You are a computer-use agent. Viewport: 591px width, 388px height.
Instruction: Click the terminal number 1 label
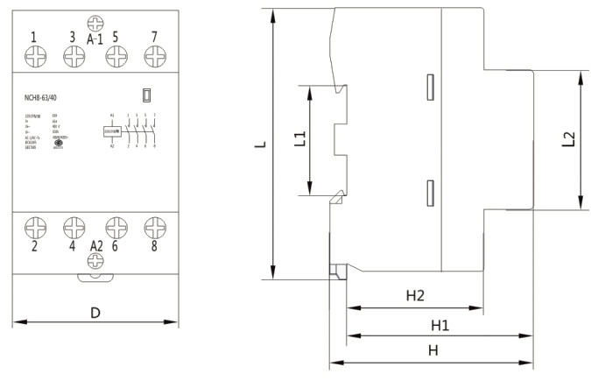click(x=33, y=37)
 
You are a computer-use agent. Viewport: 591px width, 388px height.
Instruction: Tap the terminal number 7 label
click(x=154, y=37)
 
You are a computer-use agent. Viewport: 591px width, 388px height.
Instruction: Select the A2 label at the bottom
click(x=95, y=247)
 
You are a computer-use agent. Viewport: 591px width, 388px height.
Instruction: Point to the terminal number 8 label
click(x=154, y=247)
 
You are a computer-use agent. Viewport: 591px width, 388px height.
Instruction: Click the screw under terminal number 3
click(x=74, y=57)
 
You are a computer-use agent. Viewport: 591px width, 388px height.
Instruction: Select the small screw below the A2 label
click(x=95, y=261)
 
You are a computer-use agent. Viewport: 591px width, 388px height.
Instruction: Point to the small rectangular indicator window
click(x=147, y=95)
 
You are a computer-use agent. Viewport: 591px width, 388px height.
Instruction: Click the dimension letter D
click(x=95, y=313)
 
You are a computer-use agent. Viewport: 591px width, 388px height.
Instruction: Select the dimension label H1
click(x=440, y=325)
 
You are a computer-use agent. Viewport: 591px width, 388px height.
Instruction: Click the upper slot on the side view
click(x=429, y=85)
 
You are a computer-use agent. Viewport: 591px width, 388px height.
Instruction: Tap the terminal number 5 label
click(x=115, y=37)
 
